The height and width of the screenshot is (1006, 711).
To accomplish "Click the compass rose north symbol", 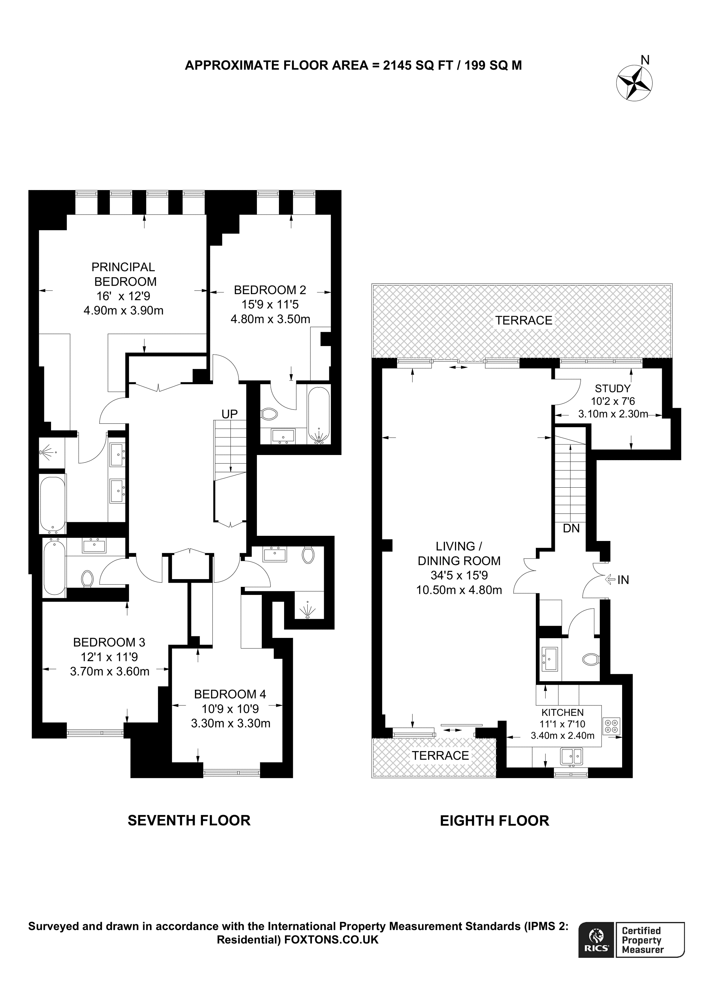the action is click(x=634, y=82).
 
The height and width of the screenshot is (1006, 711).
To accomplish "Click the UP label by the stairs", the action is click(x=229, y=414).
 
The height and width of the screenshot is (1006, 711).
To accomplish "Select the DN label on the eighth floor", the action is click(x=571, y=528).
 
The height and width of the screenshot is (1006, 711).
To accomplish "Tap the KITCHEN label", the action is click(x=562, y=713).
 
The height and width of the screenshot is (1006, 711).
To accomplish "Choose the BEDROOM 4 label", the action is click(x=230, y=694).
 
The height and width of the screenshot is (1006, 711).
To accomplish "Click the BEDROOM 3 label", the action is click(x=109, y=642).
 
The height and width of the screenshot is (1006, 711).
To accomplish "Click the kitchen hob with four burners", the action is click(x=611, y=725).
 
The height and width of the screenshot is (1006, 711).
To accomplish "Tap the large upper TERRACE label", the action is click(x=524, y=320).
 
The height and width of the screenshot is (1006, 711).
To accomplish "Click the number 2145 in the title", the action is click(x=397, y=65).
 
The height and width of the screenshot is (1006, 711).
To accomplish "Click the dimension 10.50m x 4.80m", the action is click(x=459, y=590).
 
